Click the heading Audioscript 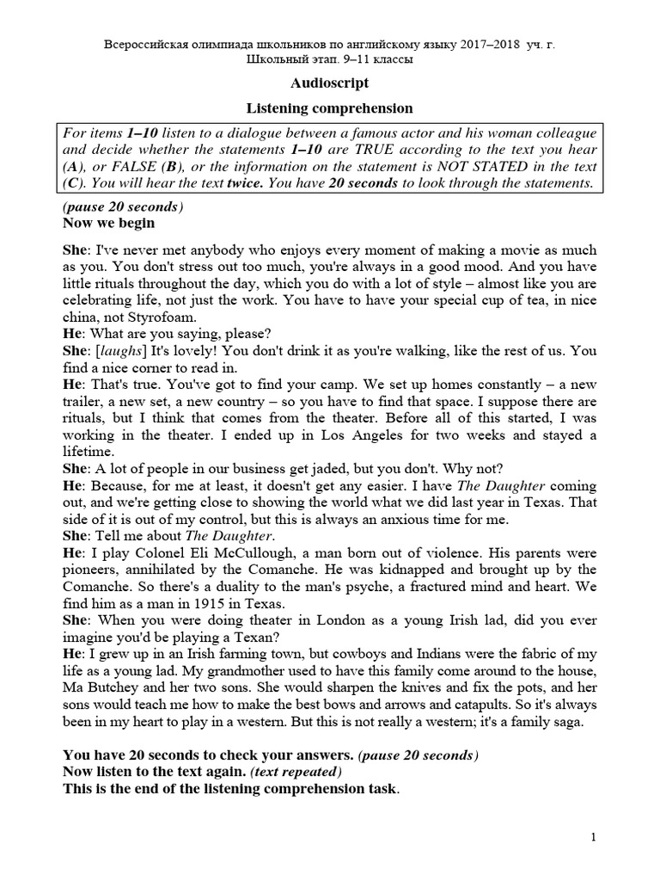[330, 83]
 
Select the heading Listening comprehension [330, 108]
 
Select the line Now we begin [109, 223]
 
